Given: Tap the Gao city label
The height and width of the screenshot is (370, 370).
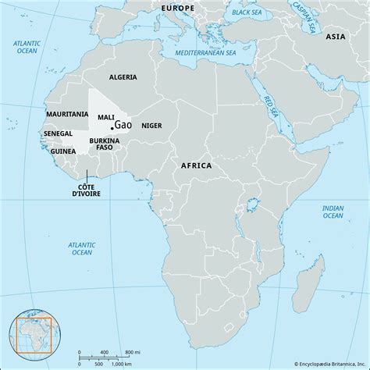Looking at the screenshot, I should point(123,126).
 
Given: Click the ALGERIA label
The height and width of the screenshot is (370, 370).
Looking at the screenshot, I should point(122,76).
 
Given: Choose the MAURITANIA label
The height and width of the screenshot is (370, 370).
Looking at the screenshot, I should point(66,114).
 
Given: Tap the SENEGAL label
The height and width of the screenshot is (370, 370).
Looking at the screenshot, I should point(59,134).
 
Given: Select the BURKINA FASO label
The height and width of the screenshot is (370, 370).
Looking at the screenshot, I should point(104,144).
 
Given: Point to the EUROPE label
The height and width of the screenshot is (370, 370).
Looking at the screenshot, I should point(177,7).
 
